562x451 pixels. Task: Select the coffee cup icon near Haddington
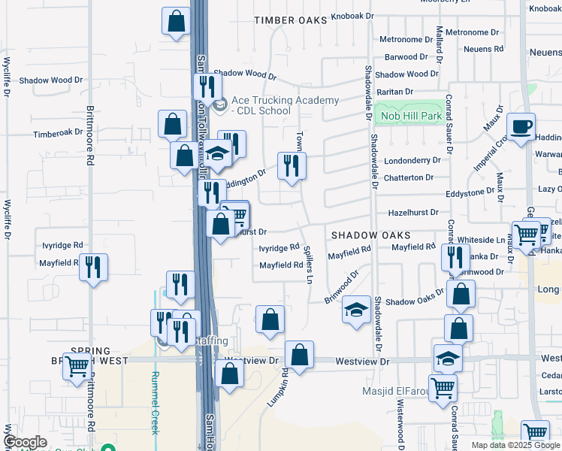pyautogui.click(x=520, y=127)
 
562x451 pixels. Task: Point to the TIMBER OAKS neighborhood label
pyautogui.click(x=291, y=20)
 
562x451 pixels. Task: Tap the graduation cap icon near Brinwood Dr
pyautogui.click(x=356, y=309)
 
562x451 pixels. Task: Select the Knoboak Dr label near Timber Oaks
pyautogui.click(x=352, y=16)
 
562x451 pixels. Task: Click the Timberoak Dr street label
pyautogui.click(x=58, y=133)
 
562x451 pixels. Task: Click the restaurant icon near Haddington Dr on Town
pyautogui.click(x=291, y=165)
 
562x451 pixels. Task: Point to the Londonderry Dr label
pyautogui.click(x=412, y=161)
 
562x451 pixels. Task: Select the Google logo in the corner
pyautogui.click(x=25, y=443)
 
